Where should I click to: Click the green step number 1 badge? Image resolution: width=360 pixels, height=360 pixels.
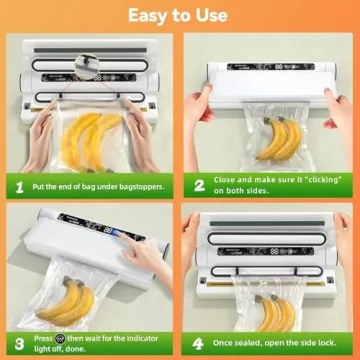click(x=18, y=186)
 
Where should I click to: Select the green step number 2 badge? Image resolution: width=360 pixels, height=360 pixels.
click(x=198, y=186)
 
